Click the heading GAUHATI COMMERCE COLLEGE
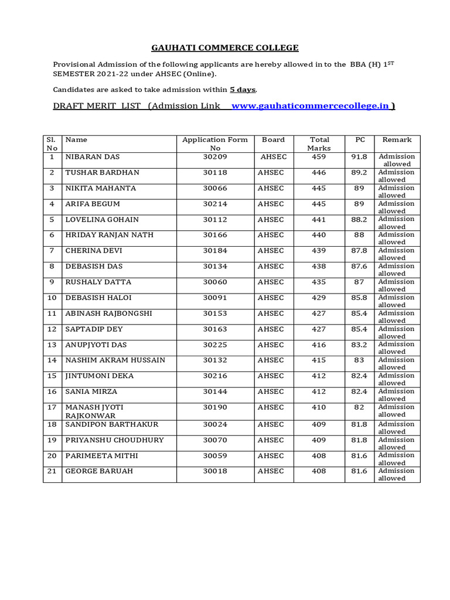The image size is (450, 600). pos(225,47)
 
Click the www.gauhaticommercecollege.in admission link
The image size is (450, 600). pos(311,106)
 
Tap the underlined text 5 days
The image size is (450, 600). pos(243,90)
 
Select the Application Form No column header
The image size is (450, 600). pos(215,144)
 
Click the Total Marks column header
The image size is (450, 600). pos(319,144)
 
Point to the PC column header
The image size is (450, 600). pos(360,140)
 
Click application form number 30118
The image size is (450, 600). pos(215,173)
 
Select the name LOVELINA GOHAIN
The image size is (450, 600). pos(102,220)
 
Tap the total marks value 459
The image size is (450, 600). pos(319,157)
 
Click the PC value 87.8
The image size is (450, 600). pos(359,251)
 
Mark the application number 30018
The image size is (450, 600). pos(215,471)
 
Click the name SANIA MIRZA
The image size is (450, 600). pos(91,391)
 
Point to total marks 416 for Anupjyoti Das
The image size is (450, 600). pos(319,345)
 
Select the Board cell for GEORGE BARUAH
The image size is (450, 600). pos(271,471)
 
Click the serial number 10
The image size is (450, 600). pos(52,298)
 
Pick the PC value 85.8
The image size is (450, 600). pos(359,298)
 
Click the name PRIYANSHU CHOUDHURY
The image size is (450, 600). pos(115,440)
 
